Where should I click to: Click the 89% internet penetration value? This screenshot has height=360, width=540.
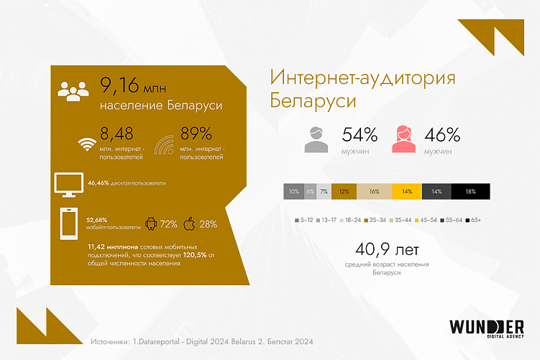tap(196, 133)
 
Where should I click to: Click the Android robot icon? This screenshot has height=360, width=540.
tap(152, 223)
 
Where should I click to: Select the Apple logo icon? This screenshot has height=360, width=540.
tap(190, 223)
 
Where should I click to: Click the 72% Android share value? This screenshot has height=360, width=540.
tap(169, 224)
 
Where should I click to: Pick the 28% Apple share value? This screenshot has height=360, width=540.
tap(209, 224)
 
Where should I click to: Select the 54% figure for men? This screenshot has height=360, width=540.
tap(360, 134)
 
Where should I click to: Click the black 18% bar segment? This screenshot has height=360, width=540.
tap(471, 192)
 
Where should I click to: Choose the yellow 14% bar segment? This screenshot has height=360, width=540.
tap(407, 192)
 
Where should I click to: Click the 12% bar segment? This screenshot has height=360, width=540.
tap(344, 192)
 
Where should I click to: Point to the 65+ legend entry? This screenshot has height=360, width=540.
tap(472, 219)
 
